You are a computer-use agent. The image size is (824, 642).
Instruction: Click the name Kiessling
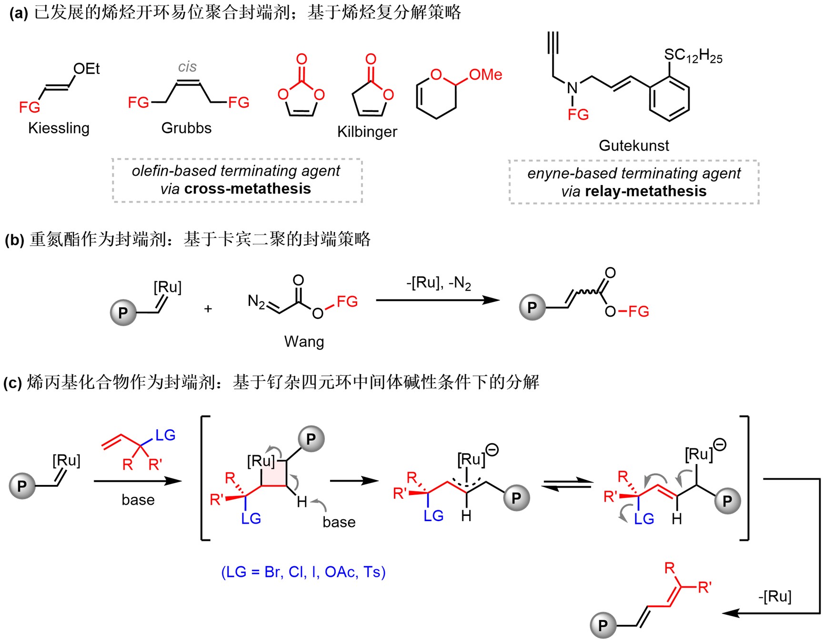pyautogui.click(x=59, y=128)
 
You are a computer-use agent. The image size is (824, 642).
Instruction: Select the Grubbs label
pyautogui.click(x=186, y=128)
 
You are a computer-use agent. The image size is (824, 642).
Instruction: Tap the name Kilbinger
pyautogui.click(x=367, y=132)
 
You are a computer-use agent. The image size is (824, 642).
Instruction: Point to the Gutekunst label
pyautogui.click(x=633, y=146)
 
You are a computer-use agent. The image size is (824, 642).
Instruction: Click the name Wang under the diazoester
pyautogui.click(x=304, y=342)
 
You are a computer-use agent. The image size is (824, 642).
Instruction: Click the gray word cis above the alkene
pyautogui.click(x=187, y=67)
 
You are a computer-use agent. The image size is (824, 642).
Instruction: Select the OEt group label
pyautogui.click(x=87, y=69)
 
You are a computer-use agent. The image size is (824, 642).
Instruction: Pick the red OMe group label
pyautogui.click(x=485, y=75)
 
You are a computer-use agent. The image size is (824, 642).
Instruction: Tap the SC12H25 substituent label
pyautogui.click(x=693, y=56)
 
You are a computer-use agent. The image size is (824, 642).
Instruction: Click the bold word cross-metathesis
pyautogui.click(x=247, y=189)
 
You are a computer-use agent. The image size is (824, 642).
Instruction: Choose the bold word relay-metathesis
pyautogui.click(x=645, y=191)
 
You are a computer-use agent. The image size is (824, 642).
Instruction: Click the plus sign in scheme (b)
pyautogui.click(x=208, y=309)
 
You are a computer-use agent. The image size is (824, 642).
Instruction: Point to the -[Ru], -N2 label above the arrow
pyautogui.click(x=438, y=284)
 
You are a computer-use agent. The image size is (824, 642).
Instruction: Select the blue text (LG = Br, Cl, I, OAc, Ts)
pyautogui.click(x=303, y=572)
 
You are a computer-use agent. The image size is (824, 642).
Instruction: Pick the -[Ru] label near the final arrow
pyautogui.click(x=774, y=596)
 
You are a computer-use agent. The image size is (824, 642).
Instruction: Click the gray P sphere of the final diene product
pyautogui.click(x=603, y=625)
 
